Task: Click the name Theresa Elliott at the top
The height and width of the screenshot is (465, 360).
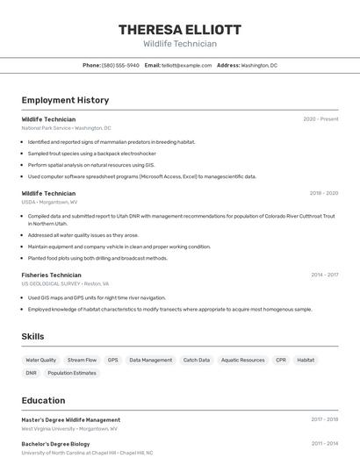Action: coord(180,30)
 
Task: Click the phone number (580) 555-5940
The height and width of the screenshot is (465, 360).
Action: coord(120,65)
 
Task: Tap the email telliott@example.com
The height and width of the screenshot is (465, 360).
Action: coord(187,65)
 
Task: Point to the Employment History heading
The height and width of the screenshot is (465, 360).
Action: coord(65,100)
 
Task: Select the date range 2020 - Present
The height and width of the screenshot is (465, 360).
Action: coord(320,118)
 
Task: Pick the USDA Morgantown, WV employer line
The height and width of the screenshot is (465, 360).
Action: coord(49,202)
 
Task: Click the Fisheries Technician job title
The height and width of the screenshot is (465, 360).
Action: coord(51,275)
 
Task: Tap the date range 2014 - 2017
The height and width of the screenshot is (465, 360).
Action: coord(324,275)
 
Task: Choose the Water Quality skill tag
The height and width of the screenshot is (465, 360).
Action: coord(40,360)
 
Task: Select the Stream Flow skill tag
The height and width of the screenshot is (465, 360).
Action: coord(82,360)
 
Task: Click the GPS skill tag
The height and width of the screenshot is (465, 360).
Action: coord(112,360)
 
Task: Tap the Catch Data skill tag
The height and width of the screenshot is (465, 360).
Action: coord(196,360)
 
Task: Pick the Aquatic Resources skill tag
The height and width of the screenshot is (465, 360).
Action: coord(242,360)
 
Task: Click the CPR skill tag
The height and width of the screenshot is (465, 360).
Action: coord(281,360)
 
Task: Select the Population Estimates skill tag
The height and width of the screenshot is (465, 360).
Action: coord(72,373)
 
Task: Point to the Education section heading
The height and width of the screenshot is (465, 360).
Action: coord(43,400)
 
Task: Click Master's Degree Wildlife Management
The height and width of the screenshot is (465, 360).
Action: coord(71,419)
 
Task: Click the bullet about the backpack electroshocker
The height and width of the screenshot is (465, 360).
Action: coord(91,153)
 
